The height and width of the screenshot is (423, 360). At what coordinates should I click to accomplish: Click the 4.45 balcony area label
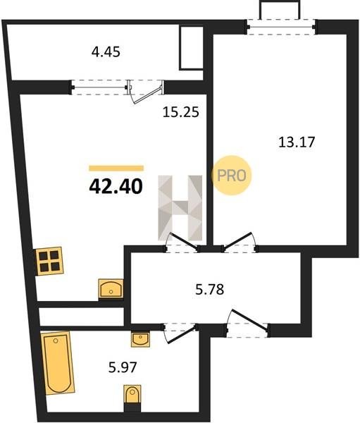[x=106, y=51]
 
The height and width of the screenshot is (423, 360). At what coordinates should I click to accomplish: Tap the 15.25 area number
[x=181, y=112]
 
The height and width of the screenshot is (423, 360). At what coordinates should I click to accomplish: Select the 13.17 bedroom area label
[x=297, y=142]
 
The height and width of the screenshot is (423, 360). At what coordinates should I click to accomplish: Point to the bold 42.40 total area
[x=116, y=187]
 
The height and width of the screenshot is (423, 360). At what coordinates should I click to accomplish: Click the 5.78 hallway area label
[x=209, y=290]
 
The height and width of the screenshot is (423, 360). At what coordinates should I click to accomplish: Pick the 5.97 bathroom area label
[x=123, y=367]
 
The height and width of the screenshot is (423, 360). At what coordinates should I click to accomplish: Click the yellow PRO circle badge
[x=231, y=176]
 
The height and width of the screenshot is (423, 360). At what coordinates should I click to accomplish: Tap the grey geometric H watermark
[x=180, y=208]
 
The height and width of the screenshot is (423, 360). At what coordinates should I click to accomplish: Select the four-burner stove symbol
[x=49, y=261]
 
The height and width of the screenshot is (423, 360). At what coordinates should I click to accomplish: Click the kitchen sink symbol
[x=111, y=288]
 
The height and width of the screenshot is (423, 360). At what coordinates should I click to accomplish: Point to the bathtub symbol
[x=58, y=362]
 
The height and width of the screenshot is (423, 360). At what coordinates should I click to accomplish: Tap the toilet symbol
[x=132, y=395]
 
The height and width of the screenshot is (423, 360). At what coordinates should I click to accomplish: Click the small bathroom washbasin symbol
[x=140, y=339]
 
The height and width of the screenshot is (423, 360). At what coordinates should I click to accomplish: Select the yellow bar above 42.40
[x=116, y=168]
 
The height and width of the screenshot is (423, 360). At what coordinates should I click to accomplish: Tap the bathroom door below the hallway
[x=180, y=333]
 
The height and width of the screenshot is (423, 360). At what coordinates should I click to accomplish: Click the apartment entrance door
[x=248, y=323]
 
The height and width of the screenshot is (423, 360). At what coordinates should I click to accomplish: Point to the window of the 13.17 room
[x=280, y=27]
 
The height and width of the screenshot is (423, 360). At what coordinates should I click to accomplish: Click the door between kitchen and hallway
[x=182, y=242]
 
